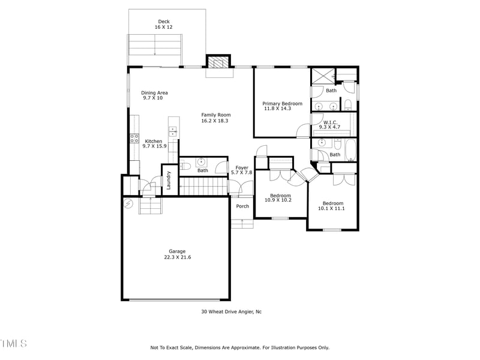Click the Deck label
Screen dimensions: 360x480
click(164, 22)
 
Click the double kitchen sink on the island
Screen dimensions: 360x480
click(173, 129)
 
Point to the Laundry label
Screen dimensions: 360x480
click(169, 181)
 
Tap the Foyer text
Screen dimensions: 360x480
click(242, 168)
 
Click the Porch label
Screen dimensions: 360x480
click(242, 206)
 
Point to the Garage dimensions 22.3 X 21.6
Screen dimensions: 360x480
click(178, 257)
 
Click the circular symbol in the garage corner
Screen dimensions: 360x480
click(128, 204)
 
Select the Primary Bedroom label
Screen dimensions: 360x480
click(282, 103)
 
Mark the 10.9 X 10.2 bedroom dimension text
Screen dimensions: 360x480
click(278, 200)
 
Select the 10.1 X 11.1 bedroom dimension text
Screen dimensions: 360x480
click(332, 209)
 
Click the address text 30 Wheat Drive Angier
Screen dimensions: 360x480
click(231, 311)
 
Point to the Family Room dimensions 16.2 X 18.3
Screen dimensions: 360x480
click(215, 121)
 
